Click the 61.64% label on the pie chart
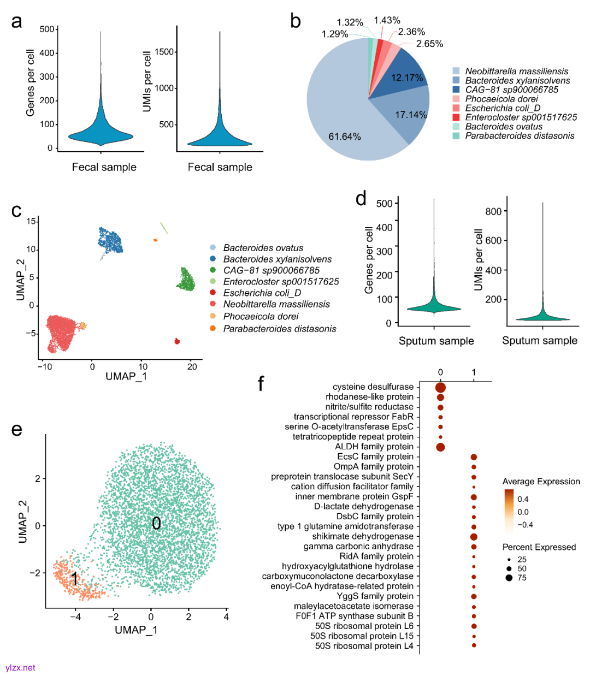click(344, 137)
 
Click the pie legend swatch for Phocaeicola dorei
click(456, 99)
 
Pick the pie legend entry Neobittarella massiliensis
click(516, 71)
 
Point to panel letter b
click(296, 21)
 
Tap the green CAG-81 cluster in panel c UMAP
click(185, 280)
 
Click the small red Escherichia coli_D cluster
click(177, 341)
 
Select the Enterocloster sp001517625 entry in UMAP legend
click(281, 282)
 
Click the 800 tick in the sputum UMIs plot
click(493, 211)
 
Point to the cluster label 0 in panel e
click(156, 524)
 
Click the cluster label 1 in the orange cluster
click(74, 579)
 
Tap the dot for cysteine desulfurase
click(440, 388)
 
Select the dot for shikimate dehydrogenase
click(474, 537)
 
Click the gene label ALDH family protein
click(374, 447)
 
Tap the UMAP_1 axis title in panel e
click(136, 630)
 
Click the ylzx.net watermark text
click(20, 667)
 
